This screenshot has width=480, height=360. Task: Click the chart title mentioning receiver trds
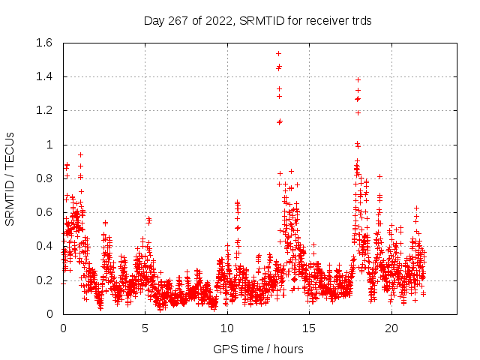[257, 20]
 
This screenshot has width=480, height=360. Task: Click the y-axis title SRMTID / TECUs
[10, 178]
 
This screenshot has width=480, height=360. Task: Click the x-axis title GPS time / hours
[258, 349]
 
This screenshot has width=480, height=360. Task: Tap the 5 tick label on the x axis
[145, 328]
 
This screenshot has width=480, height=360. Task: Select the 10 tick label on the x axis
[227, 328]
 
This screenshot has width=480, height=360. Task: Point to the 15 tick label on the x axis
[310, 328]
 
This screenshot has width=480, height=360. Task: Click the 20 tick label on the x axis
[391, 328]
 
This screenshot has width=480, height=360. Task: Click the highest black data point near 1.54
[278, 53]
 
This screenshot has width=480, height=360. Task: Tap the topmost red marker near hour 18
[358, 79]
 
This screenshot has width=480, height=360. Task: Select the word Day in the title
[154, 20]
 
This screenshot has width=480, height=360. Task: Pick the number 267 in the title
[180, 20]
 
